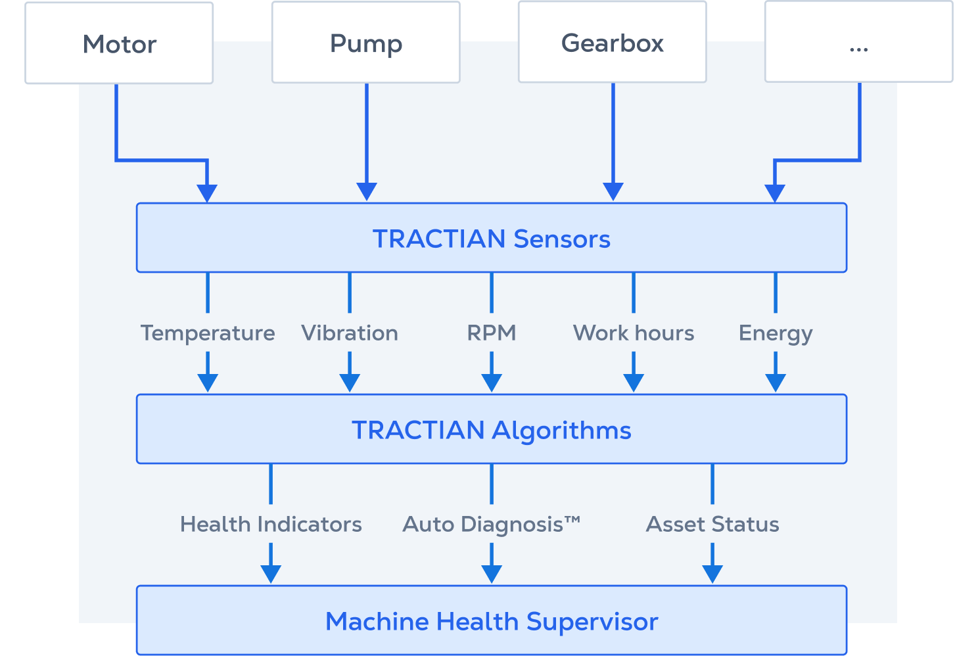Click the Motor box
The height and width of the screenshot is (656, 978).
[x=119, y=43]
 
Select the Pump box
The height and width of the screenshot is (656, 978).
[x=366, y=43]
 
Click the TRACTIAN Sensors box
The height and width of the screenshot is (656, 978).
[x=491, y=238]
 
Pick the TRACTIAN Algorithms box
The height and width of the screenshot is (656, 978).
[x=491, y=429]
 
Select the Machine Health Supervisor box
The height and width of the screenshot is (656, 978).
[x=491, y=621]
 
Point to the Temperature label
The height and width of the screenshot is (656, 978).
[x=208, y=333]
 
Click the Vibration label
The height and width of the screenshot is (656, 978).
[x=350, y=333]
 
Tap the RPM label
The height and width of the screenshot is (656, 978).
[x=491, y=333]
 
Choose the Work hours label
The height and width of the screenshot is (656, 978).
[x=633, y=333]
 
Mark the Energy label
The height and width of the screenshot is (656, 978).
[x=776, y=333]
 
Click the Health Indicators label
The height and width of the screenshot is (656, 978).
[x=271, y=524]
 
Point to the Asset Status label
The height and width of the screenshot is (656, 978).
[x=712, y=524]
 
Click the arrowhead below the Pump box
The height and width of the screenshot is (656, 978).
[x=367, y=191]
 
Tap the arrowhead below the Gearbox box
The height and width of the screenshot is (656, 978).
[x=613, y=191]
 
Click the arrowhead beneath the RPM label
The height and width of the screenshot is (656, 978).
[x=492, y=383]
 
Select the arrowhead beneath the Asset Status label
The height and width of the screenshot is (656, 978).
[x=712, y=574]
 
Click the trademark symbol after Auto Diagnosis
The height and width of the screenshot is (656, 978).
[x=572, y=520]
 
